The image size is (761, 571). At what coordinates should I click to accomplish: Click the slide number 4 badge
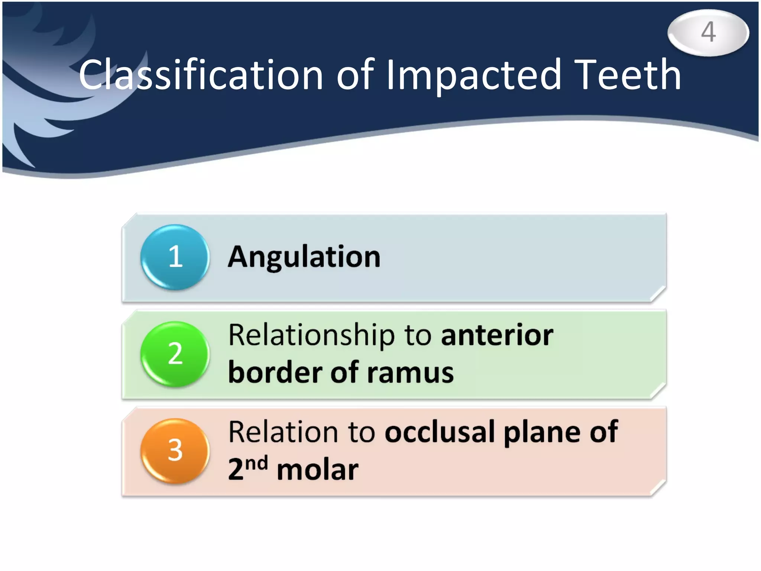[x=708, y=32]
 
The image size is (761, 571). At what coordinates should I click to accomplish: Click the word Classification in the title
[x=201, y=75]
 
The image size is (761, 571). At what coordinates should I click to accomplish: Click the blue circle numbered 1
[x=175, y=257]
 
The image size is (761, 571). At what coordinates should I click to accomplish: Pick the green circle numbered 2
[x=175, y=354]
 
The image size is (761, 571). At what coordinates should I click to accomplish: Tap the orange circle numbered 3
[x=175, y=451]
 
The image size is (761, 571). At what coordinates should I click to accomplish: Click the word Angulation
[x=304, y=257]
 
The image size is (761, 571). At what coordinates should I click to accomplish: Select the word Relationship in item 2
[x=311, y=336]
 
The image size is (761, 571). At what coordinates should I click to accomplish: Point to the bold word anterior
[x=497, y=336]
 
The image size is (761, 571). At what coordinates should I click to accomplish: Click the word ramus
[x=410, y=373]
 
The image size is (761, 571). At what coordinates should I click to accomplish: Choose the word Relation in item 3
[x=283, y=432]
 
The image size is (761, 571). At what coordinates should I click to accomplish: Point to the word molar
[x=318, y=470]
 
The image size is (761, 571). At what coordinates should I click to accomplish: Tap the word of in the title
[x=355, y=75]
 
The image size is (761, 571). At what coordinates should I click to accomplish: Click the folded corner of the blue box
[x=658, y=294]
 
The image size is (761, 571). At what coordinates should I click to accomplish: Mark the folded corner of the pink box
[x=658, y=488]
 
